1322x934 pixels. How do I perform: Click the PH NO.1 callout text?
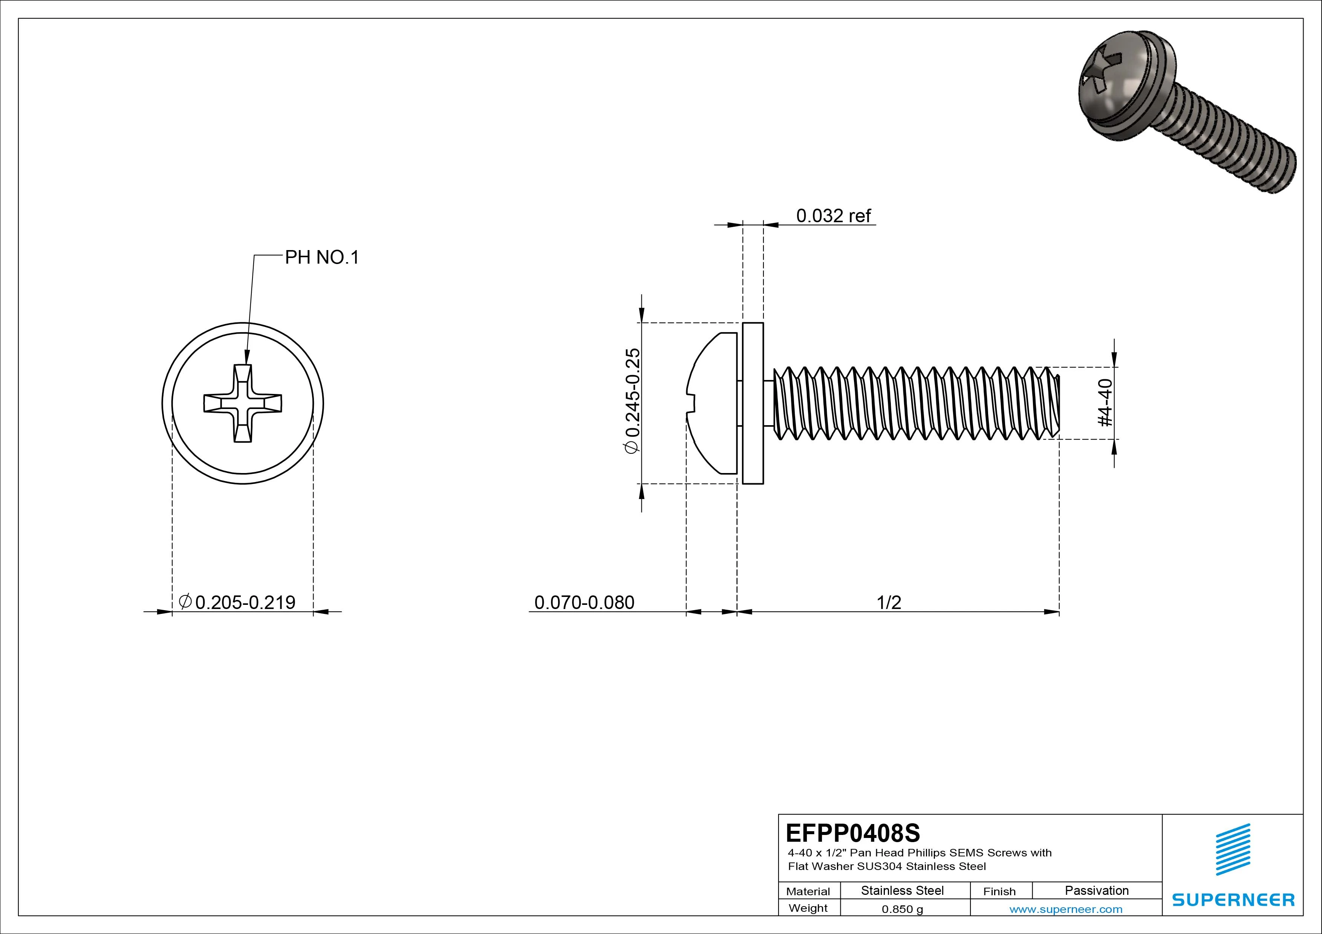pyautogui.click(x=321, y=257)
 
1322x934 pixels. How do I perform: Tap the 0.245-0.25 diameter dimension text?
pyautogui.click(x=632, y=401)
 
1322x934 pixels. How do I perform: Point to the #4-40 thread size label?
pyautogui.click(x=1106, y=403)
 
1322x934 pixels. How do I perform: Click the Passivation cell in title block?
pyautogui.click(x=1096, y=890)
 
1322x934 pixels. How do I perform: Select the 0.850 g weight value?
pyautogui.click(x=902, y=909)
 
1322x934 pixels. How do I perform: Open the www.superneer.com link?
pyautogui.click(x=1066, y=909)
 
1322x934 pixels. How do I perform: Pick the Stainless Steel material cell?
pyautogui.click(x=902, y=890)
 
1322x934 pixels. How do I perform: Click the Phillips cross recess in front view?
pyautogui.click(x=242, y=403)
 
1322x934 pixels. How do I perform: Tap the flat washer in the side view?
pyautogui.click(x=753, y=403)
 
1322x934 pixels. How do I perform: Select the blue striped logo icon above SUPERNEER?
pyautogui.click(x=1233, y=849)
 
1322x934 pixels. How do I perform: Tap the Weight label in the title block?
pyautogui.click(x=808, y=908)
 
